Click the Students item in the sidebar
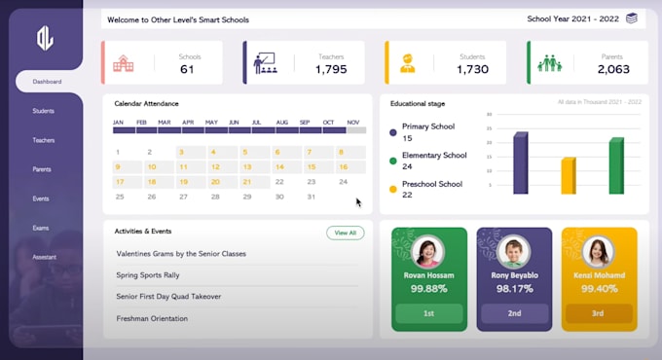(43, 111)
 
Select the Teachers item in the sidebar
(43, 140)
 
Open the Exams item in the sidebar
(41, 228)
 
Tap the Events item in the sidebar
(41, 198)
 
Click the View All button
(346, 233)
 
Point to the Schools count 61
(188, 69)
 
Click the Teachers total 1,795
(330, 69)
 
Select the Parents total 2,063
(613, 69)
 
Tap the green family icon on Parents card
(549, 63)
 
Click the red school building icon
(125, 63)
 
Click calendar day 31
(311, 197)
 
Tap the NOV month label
(353, 123)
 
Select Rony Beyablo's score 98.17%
(514, 289)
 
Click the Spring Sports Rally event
(148, 275)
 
